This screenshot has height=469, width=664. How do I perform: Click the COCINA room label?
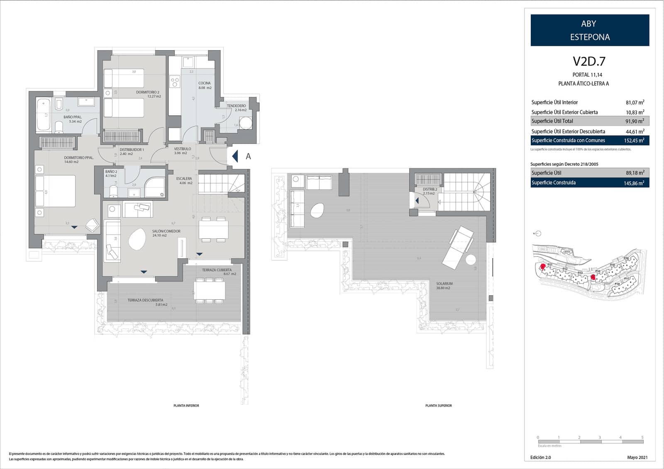click(205, 83)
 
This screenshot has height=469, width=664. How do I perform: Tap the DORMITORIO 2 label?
click(148, 92)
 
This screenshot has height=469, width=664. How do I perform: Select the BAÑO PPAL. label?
click(73, 117)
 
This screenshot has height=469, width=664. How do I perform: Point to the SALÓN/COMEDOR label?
click(166, 231)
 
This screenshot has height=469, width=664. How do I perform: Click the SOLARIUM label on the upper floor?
click(444, 284)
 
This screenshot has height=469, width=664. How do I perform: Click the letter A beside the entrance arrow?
click(248, 156)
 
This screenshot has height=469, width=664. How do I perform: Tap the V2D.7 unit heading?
click(589, 61)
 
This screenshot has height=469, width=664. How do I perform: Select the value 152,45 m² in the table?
click(634, 141)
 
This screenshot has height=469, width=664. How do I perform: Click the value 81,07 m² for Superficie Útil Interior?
click(635, 102)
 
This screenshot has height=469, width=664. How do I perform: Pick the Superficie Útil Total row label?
click(552, 121)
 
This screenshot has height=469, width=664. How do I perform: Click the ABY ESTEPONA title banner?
click(590, 30)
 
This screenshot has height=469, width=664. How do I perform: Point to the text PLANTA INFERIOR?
click(186, 406)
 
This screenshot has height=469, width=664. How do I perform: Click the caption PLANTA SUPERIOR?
click(439, 406)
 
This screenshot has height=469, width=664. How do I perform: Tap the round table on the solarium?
click(471, 260)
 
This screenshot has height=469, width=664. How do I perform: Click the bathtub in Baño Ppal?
click(43, 115)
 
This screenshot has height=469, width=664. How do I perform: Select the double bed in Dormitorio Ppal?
click(55, 191)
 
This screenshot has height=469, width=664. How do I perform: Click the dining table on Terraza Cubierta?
click(210, 290)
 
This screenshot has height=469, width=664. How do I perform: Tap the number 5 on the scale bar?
click(642, 437)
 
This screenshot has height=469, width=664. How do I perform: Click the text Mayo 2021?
click(637, 458)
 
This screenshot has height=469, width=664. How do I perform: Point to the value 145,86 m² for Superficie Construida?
click(634, 183)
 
